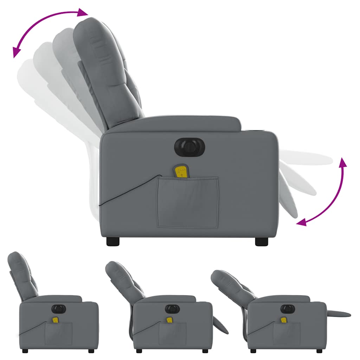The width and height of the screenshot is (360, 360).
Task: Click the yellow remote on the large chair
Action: point(181,171)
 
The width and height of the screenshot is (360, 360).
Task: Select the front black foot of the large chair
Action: point(261,241)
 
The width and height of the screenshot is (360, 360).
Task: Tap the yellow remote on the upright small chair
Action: point(56,320)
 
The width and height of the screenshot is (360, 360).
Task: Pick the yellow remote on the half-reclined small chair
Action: point(169,320)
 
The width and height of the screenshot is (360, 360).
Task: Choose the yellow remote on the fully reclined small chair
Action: point(283,320)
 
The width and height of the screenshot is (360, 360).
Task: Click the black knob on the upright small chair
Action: point(59,309)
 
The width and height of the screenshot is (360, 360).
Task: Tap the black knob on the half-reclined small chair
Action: point(172,309)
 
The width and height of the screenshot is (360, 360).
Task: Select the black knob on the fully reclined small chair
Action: point(286,309)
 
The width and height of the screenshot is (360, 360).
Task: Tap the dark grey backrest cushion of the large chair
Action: point(105,70)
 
